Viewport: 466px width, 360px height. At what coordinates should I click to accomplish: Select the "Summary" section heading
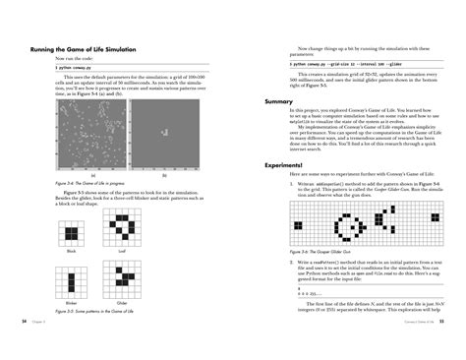tap(279, 101)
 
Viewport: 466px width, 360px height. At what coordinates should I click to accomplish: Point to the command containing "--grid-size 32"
tap(341, 62)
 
